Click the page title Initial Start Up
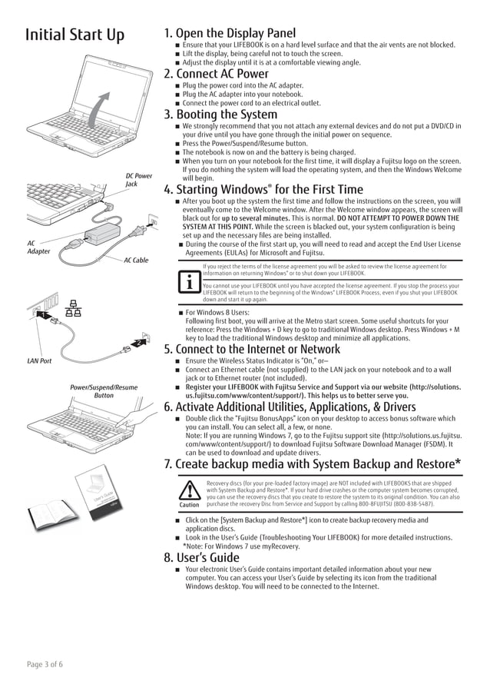pyautogui.click(x=74, y=35)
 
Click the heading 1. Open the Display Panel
pyautogui.click(x=230, y=33)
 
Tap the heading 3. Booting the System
pyautogui.click(x=220, y=115)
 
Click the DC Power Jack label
pyautogui.click(x=138, y=180)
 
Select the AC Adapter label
pyautogui.click(x=38, y=247)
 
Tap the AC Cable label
pyautogui.click(x=136, y=261)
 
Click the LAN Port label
pyautogui.click(x=39, y=360)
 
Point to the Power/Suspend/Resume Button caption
pyautogui.click(x=104, y=391)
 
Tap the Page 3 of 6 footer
pyautogui.click(x=45, y=664)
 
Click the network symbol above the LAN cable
pyautogui.click(x=74, y=309)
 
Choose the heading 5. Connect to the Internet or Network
pyautogui.click(x=253, y=349)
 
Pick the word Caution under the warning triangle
pyautogui.click(x=189, y=505)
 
